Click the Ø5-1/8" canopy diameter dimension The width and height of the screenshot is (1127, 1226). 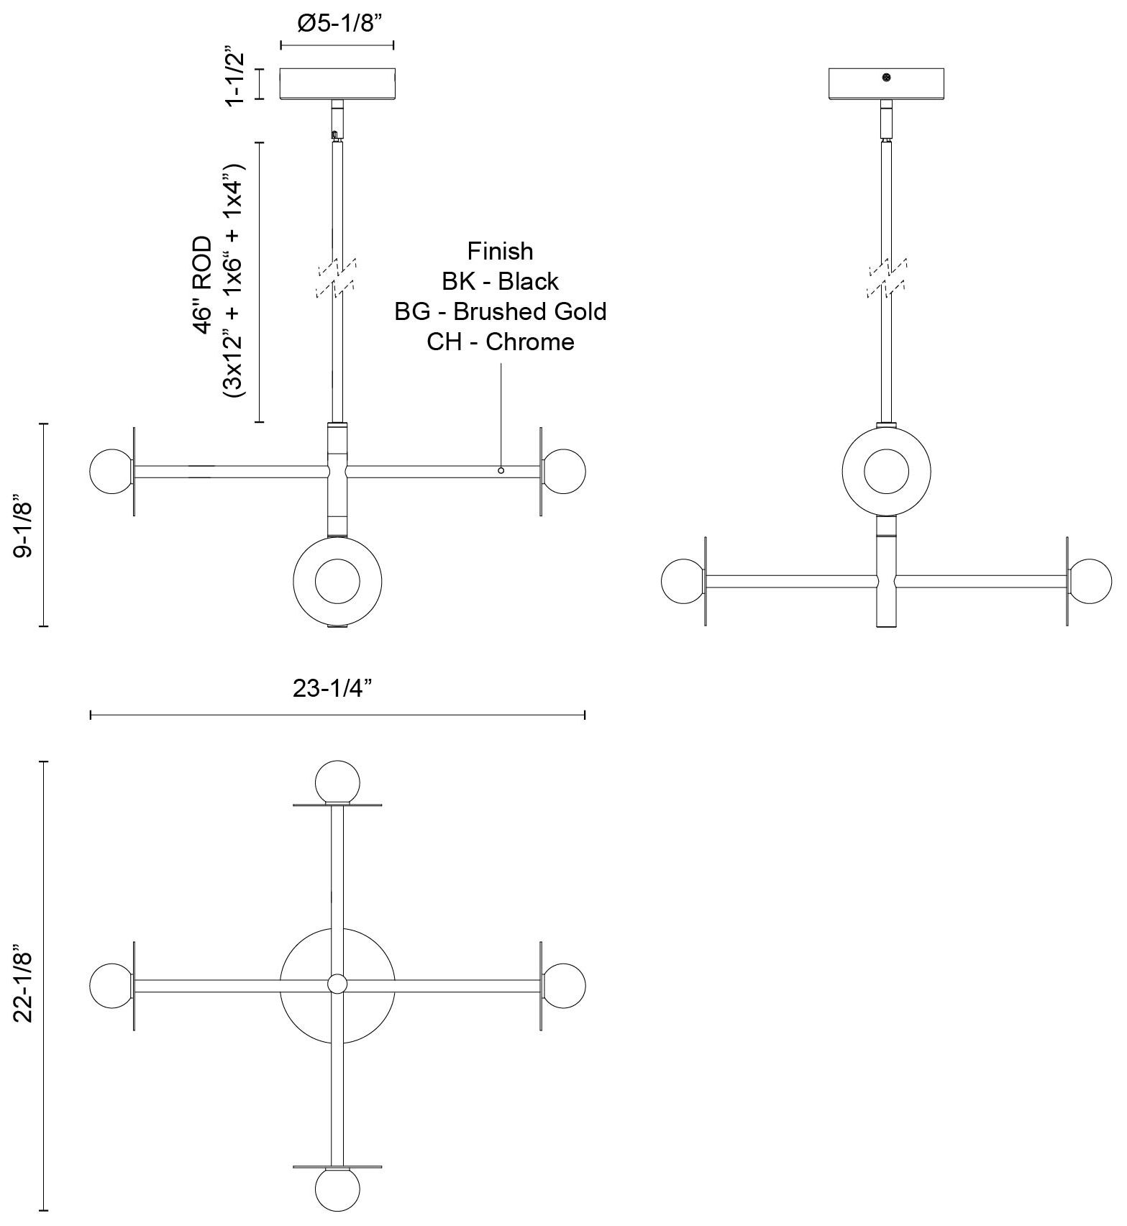[x=337, y=24]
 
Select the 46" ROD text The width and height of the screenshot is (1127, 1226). [x=204, y=284]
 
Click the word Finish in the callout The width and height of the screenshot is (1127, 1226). [x=501, y=251]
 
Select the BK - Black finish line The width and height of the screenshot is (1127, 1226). [x=501, y=281]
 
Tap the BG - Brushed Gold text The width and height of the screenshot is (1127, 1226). [x=501, y=311]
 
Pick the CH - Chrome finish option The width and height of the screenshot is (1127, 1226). [x=501, y=342]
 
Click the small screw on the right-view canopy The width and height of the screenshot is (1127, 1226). [x=887, y=78]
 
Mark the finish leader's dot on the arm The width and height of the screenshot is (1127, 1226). [x=501, y=470]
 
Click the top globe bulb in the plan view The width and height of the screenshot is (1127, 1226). [x=337, y=782]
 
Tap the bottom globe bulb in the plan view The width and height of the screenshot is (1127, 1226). [x=337, y=1189]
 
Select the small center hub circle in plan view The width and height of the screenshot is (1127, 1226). [x=337, y=984]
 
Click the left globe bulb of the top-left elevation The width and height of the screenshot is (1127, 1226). [x=111, y=472]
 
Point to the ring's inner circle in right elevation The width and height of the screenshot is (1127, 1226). [x=886, y=472]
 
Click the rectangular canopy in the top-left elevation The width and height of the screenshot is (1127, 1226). [x=337, y=83]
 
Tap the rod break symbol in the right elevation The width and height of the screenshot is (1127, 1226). [x=887, y=277]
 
